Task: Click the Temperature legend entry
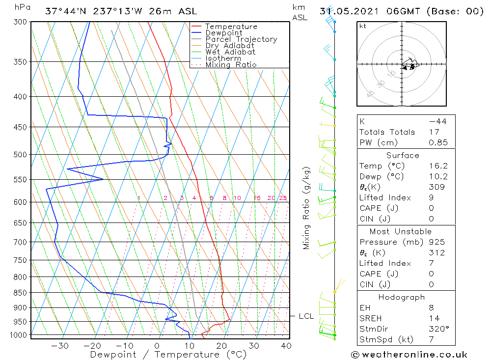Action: [x=231, y=27]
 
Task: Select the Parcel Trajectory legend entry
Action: [x=241, y=39]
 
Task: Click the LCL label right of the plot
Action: [x=306, y=316]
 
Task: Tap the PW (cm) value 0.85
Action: [x=438, y=142]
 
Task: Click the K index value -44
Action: [x=437, y=121]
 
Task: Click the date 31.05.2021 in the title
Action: [x=346, y=11]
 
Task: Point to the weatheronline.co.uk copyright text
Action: [x=409, y=354]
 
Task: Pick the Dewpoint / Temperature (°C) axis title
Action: [x=168, y=354]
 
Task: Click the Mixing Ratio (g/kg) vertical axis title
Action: [x=306, y=208]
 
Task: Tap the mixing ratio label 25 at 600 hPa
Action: [x=283, y=198]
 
